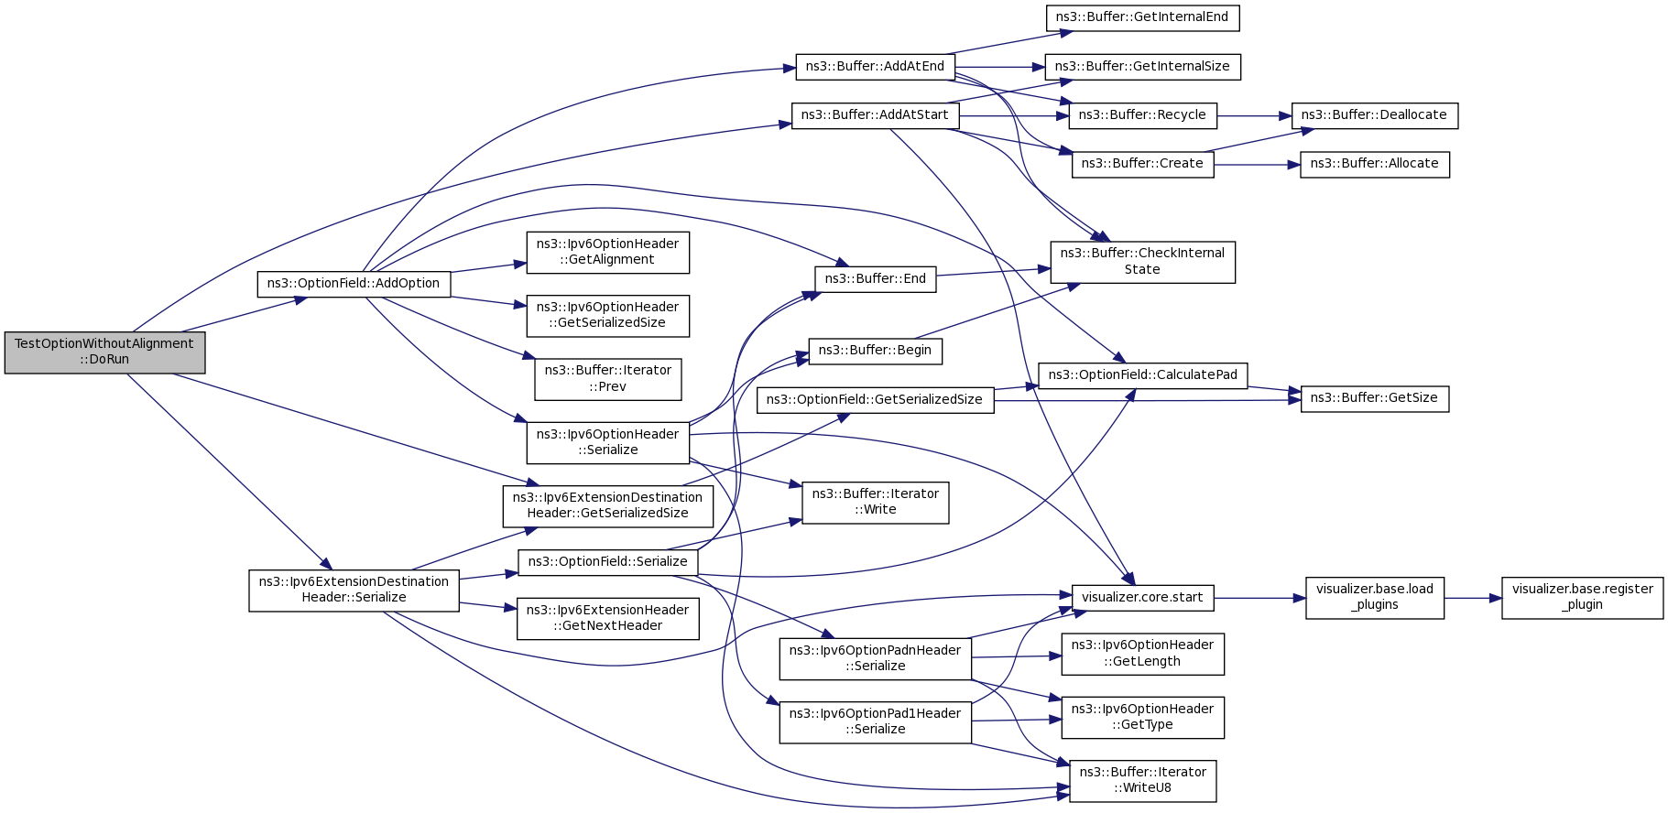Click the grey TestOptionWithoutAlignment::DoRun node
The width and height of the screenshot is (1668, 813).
[x=104, y=352]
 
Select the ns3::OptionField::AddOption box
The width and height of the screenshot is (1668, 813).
[x=354, y=284]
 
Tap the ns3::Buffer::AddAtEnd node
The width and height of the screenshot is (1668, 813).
[x=875, y=67]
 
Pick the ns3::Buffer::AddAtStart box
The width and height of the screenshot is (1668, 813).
[x=875, y=115]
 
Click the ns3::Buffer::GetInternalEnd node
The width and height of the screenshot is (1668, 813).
[x=1142, y=17]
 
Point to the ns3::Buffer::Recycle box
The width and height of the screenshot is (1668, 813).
[x=1142, y=115]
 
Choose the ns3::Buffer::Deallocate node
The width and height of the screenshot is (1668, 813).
[x=1374, y=115]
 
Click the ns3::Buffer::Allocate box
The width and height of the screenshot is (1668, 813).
[x=1374, y=164]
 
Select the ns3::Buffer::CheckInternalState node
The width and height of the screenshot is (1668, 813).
[x=1142, y=262]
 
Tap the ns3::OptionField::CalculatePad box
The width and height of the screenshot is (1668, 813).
[x=1142, y=375]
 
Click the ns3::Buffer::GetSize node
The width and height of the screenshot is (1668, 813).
[x=1374, y=398]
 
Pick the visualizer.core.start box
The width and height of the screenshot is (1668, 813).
[x=1142, y=598]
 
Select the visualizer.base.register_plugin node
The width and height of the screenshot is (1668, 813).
[x=1582, y=598]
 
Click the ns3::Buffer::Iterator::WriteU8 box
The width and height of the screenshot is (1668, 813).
[x=1142, y=781]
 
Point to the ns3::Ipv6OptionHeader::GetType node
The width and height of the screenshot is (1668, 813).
[x=1142, y=718]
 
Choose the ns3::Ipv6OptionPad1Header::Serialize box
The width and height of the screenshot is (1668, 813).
[x=875, y=722]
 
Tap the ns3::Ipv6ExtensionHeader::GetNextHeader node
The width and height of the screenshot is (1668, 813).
[x=607, y=619]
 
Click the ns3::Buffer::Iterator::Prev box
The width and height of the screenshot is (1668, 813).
[x=607, y=379]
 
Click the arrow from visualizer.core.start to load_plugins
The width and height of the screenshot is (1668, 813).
[x=1259, y=598]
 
